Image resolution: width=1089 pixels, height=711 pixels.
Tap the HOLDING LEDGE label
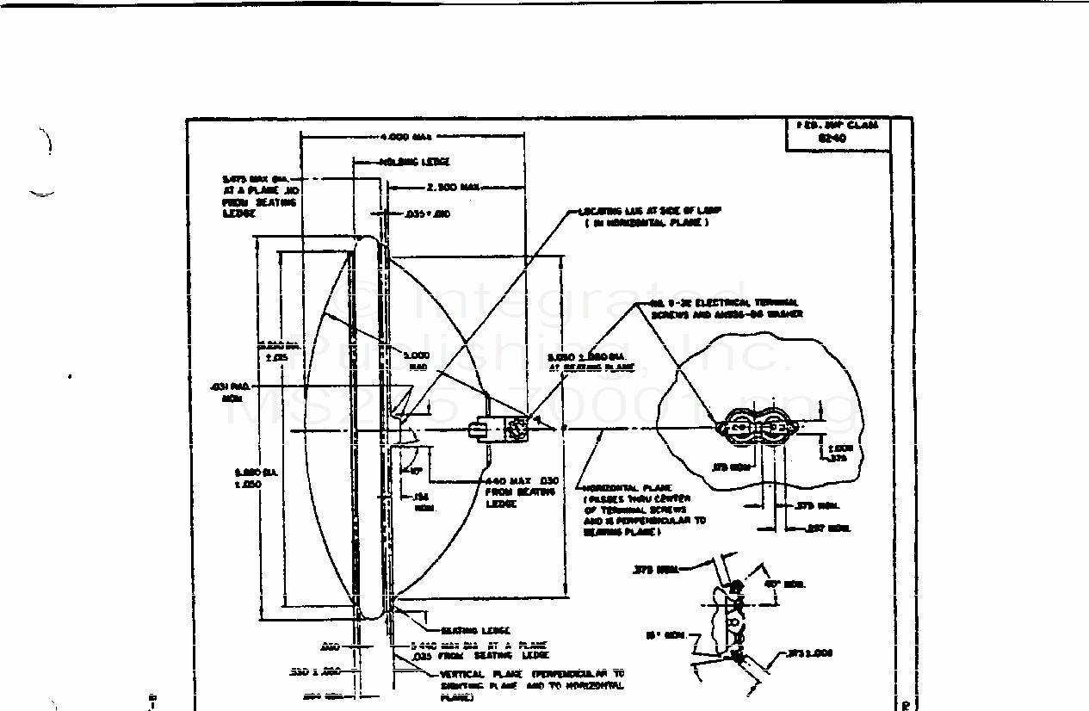point(414,162)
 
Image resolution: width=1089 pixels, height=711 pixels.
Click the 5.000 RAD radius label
point(416,360)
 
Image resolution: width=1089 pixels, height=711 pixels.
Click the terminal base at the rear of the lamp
point(499,429)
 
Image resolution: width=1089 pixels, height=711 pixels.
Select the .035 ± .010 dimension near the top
point(429,213)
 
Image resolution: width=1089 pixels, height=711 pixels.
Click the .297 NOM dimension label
point(827,529)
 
